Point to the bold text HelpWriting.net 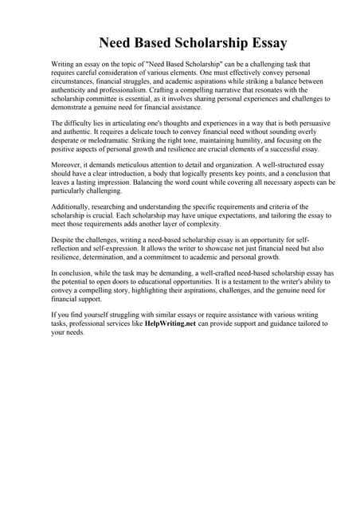(174, 325)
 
